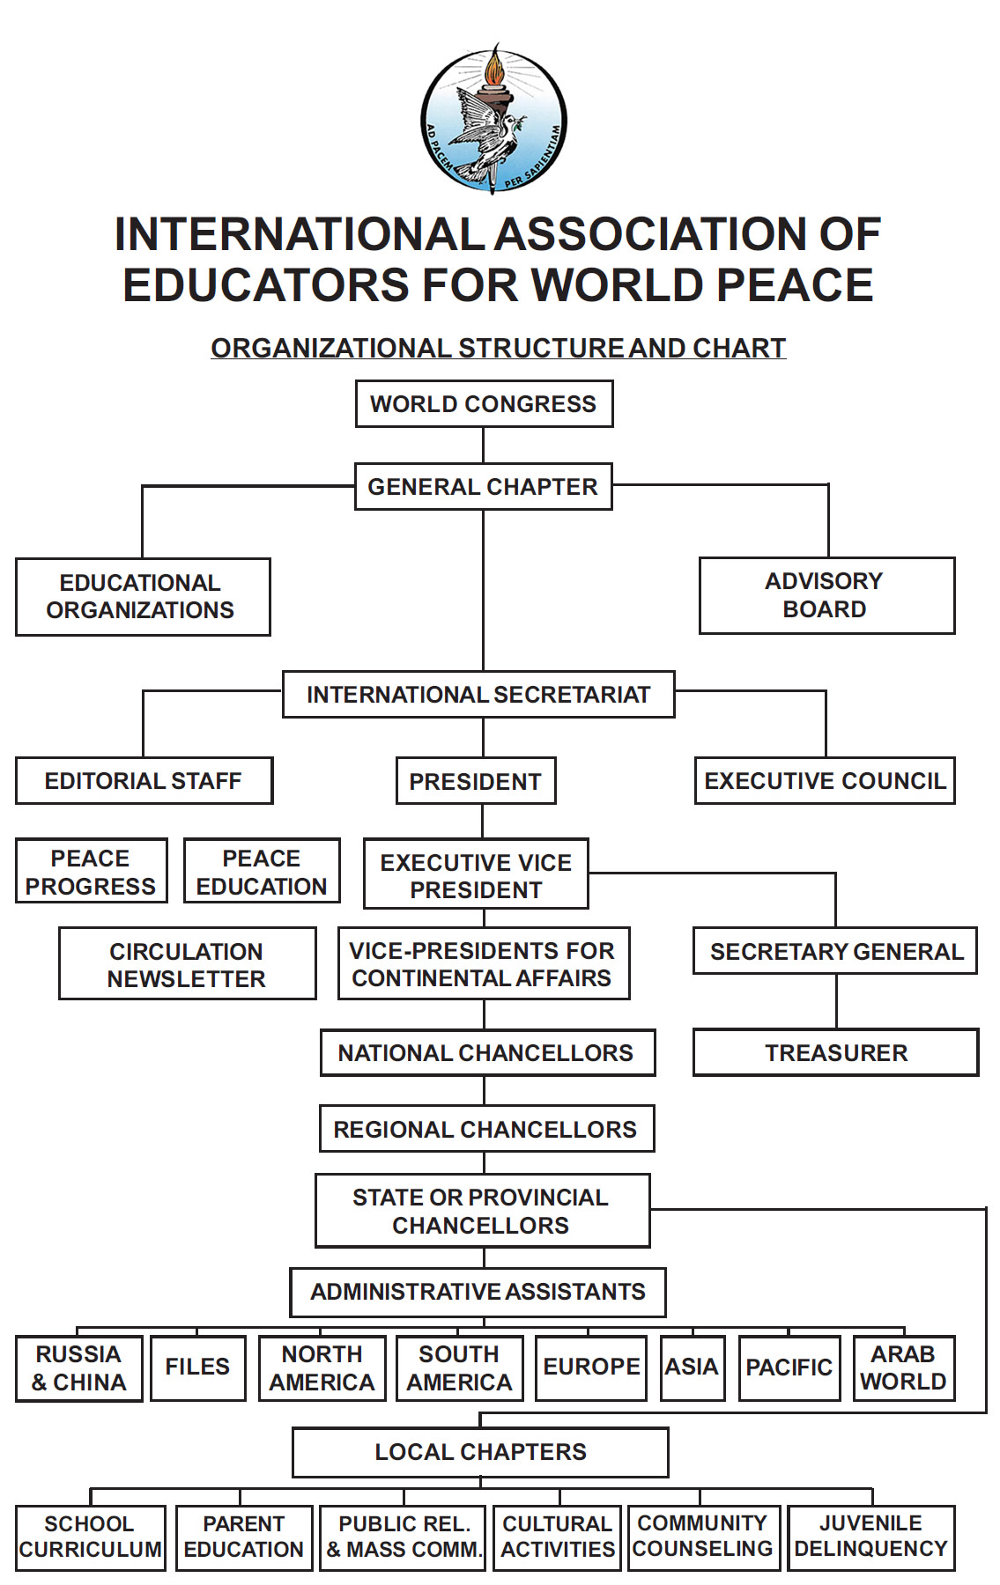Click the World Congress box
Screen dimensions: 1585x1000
484,404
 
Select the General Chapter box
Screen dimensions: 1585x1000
483,487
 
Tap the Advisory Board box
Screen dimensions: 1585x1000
826,595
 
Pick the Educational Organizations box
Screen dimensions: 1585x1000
142,596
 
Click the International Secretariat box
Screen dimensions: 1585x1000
478,695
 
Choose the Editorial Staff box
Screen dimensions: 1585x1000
144,781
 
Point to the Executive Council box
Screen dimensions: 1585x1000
825,781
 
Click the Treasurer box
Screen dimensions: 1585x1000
835,1052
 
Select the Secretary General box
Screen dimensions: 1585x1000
835,951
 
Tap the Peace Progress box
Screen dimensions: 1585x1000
91,872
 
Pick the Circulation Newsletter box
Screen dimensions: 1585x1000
187,964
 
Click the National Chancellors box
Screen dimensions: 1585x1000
486,1052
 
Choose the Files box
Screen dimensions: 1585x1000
197,1368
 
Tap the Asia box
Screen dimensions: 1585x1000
692,1368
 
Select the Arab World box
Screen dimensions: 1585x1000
903,1368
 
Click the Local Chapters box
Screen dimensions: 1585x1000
480,1452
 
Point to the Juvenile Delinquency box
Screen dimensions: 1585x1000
870,1537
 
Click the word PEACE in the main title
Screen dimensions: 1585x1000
795,284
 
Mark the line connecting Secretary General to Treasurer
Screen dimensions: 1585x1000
836,1001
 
